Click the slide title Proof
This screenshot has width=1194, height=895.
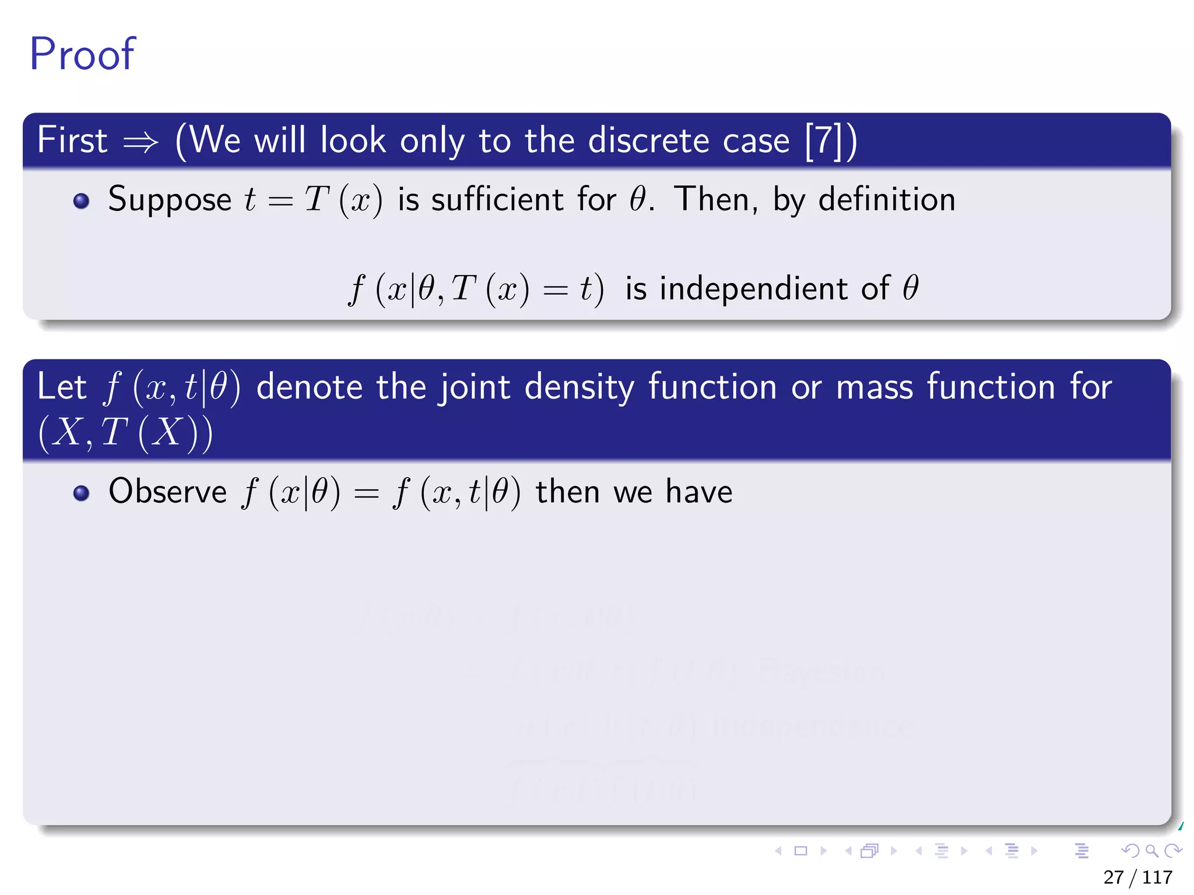click(x=82, y=54)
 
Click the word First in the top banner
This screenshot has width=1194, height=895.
click(x=72, y=140)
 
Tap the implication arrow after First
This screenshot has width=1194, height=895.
click(x=141, y=142)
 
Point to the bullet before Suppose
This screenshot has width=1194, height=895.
click(x=81, y=201)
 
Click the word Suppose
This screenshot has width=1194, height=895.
click(x=170, y=200)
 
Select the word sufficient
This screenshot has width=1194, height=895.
click(x=497, y=200)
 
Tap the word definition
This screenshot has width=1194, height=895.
click(x=887, y=200)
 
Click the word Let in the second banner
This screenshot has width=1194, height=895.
click(x=61, y=387)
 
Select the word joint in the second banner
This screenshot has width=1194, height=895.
click(x=475, y=387)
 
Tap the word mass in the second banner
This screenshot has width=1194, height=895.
click(x=875, y=387)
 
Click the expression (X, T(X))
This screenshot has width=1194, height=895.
click(x=125, y=432)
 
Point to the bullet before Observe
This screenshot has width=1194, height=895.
click(x=81, y=493)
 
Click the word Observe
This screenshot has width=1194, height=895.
click(x=168, y=491)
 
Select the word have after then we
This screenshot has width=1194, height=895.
click(x=699, y=491)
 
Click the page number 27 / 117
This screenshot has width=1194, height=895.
click(x=1137, y=877)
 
